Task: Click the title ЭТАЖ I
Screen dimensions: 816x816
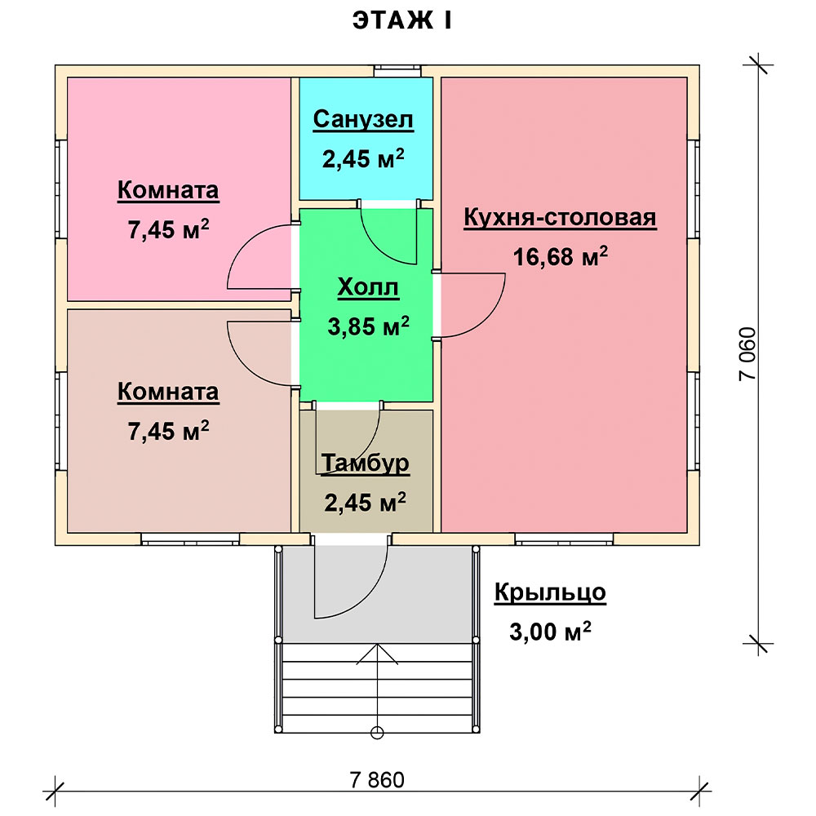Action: click(x=401, y=21)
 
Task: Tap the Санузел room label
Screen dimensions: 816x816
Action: click(x=363, y=119)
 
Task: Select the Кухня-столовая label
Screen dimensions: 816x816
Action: click(x=560, y=217)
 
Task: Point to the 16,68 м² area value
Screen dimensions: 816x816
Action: click(x=561, y=256)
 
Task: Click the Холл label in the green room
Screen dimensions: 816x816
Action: click(x=368, y=287)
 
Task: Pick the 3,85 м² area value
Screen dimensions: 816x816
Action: click(x=369, y=326)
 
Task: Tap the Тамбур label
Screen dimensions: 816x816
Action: click(x=366, y=463)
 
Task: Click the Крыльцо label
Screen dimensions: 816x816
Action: click(x=550, y=592)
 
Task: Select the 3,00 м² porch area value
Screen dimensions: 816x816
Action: click(x=550, y=632)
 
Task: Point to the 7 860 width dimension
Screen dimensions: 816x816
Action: click(x=377, y=780)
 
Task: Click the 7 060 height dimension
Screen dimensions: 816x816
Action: click(x=747, y=354)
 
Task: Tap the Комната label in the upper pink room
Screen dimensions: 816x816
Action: click(x=168, y=190)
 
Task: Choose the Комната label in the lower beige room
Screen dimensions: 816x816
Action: click(x=168, y=392)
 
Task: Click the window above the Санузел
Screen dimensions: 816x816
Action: click(x=397, y=71)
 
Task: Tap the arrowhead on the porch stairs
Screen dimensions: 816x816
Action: click(x=377, y=654)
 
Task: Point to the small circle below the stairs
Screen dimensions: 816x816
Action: click(x=377, y=733)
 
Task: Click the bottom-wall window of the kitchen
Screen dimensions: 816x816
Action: click(x=564, y=539)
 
